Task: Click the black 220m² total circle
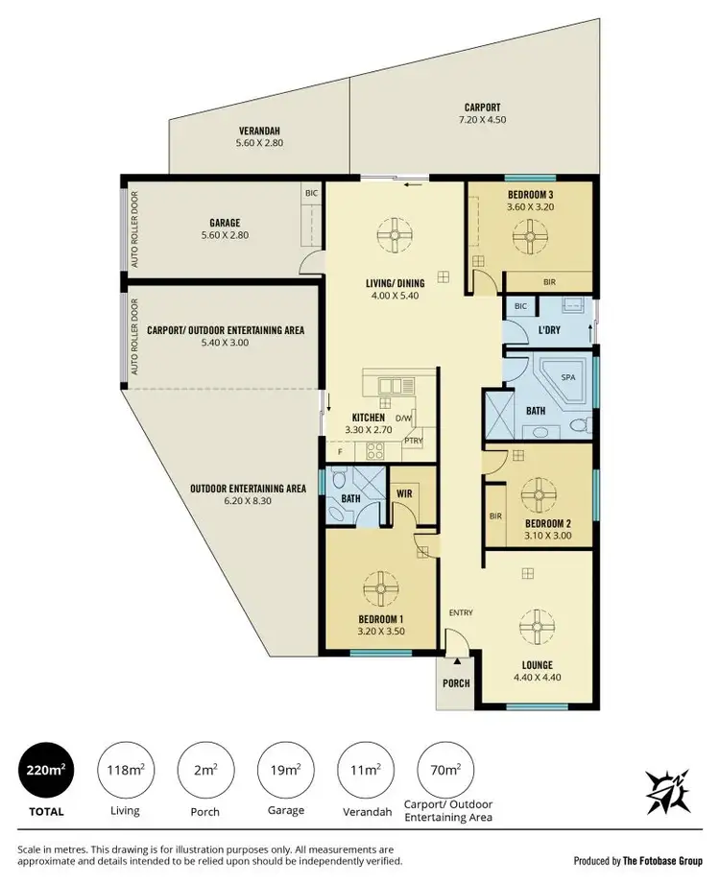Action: click(45, 770)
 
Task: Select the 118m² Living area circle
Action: click(125, 770)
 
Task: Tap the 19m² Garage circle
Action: click(284, 770)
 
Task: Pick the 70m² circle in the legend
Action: click(444, 770)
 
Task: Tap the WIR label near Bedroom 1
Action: click(404, 494)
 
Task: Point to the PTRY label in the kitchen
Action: click(413, 442)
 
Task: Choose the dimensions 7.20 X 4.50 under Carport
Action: click(483, 120)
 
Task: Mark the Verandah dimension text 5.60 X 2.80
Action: click(259, 143)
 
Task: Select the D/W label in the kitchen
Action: click(403, 418)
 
